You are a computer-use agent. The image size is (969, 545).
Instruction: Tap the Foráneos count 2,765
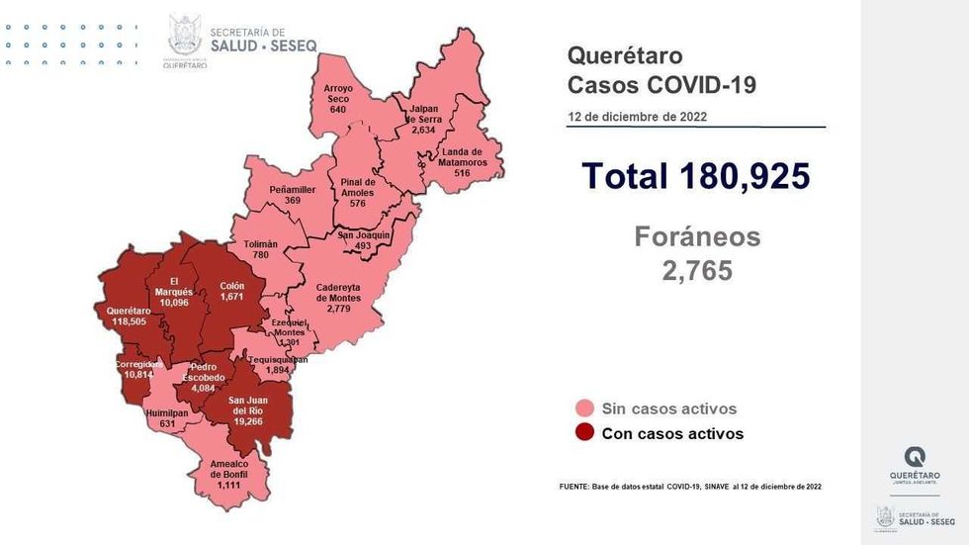coord(697,270)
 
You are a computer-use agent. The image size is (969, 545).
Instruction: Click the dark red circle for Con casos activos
coord(584,433)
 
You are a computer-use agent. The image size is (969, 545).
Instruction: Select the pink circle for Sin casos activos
coord(584,409)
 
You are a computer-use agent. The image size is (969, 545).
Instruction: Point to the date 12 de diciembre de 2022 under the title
coord(637,117)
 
